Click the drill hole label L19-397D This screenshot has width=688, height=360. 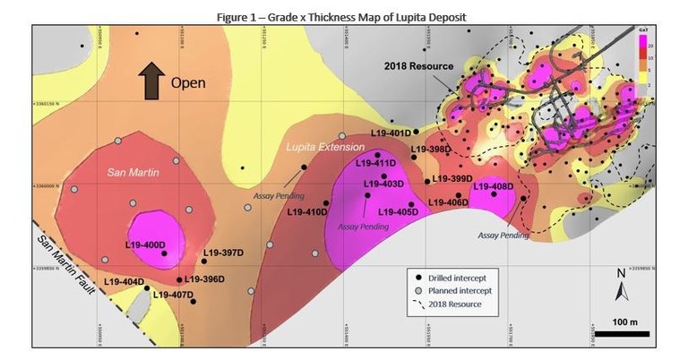tap(223, 253)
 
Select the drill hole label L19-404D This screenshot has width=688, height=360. tap(124, 282)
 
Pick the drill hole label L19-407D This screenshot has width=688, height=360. tap(173, 295)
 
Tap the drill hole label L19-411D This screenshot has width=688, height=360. tap(374, 163)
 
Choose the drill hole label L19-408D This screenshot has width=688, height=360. tap(491, 186)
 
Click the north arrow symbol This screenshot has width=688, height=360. tap(621, 288)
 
